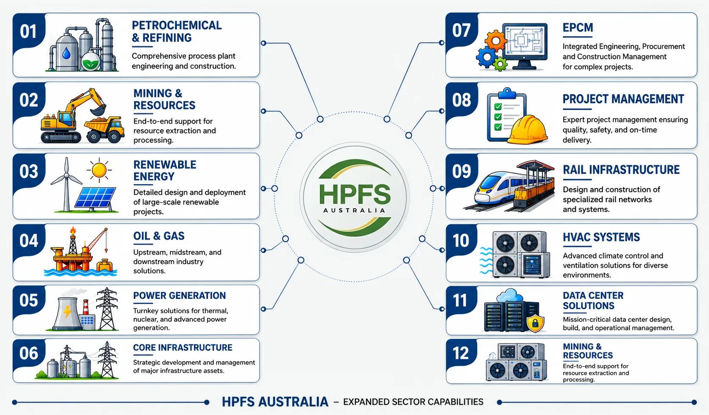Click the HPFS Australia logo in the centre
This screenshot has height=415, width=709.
click(354, 197)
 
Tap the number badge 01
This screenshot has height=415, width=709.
click(28, 32)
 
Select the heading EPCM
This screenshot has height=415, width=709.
click(578, 28)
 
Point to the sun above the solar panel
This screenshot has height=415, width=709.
click(99, 170)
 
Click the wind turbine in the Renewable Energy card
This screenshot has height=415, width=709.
click(66, 185)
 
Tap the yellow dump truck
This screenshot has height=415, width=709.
click(104, 129)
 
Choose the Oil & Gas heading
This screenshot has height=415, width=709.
click(159, 236)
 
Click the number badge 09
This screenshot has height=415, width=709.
click(461, 171)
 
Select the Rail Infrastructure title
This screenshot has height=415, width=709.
click(621, 170)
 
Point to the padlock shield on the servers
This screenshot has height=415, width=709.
click(535, 324)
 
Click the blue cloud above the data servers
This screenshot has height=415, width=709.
click(510, 296)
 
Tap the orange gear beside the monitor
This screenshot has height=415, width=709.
click(496, 41)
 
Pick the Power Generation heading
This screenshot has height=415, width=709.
click(179, 296)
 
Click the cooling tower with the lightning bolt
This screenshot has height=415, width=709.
click(67, 313)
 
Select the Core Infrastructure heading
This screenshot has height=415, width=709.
click(183, 348)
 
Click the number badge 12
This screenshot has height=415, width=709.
click(461, 353)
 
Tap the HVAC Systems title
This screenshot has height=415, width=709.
click(601, 237)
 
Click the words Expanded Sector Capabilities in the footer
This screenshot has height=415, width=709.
click(413, 402)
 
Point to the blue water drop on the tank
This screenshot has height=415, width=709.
click(66, 53)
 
